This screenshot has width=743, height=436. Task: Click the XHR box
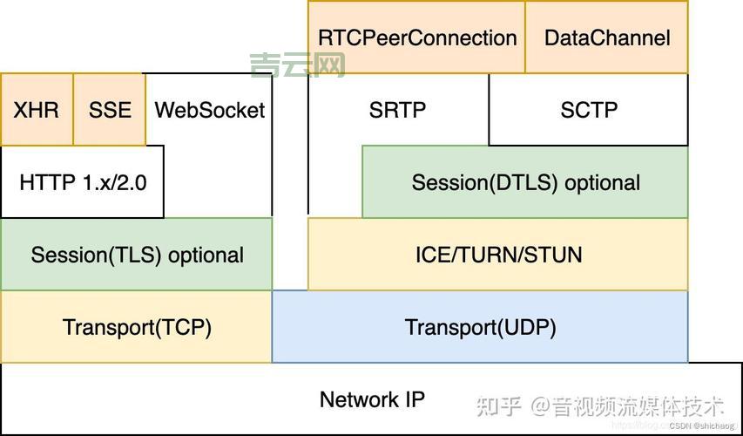[37, 110]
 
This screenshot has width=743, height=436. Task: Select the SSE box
[110, 110]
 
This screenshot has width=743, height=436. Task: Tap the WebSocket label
[210, 110]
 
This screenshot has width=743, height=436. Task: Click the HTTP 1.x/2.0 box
[83, 183]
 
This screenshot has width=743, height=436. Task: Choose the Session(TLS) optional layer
[137, 255]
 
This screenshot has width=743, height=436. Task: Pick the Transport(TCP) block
[137, 327]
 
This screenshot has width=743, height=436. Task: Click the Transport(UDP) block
[480, 327]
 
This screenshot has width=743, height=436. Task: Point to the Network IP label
[372, 399]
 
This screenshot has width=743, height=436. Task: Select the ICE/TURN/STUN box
[497, 255]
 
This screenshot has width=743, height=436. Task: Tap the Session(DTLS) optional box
[525, 182]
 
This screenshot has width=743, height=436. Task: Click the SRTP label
[397, 110]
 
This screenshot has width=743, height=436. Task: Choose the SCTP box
[589, 110]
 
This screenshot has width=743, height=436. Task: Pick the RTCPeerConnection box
[417, 37]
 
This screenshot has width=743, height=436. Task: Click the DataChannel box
[607, 37]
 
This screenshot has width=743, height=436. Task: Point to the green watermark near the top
[298, 65]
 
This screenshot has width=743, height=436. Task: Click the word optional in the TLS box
[206, 255]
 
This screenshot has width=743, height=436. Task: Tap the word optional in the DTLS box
[602, 182]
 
